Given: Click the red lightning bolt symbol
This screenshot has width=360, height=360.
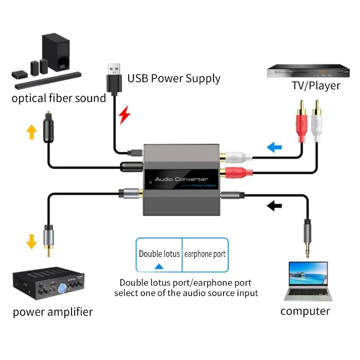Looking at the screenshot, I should pos(124,115).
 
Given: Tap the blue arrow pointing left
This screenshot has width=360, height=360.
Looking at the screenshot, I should pos(274,147).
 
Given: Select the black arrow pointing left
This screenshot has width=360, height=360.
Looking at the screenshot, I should pos(274,206).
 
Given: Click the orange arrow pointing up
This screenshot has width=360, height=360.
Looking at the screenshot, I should pos(31,131).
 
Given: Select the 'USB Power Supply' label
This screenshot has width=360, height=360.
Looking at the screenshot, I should pos(174,78).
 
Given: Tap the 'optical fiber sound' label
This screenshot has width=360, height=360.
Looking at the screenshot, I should pos(58,98).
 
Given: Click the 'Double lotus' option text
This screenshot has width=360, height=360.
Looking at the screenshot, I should pos(159,253).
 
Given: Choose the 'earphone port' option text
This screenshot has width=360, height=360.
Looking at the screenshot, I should pos(205,254).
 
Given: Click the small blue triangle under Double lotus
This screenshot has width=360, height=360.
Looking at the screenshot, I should pos(159,266).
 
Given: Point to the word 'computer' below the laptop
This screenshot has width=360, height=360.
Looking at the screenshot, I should pos(305,310).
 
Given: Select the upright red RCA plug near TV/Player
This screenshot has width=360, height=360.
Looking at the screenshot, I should pos(301,124).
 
